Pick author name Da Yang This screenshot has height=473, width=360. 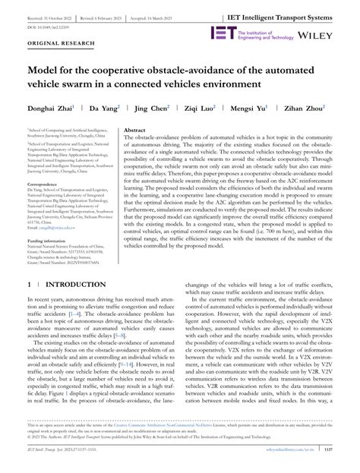coord(106,108)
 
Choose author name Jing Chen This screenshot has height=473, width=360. coord(154,108)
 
